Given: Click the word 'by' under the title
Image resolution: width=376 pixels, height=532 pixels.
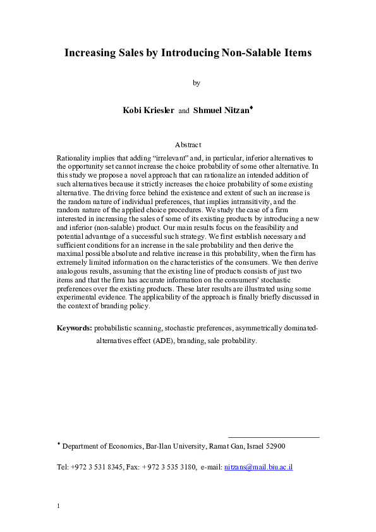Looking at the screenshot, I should tap(196, 82).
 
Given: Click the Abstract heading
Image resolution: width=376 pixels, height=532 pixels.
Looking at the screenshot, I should tap(188, 145).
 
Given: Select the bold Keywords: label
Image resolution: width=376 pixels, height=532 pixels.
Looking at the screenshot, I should tap(75, 329).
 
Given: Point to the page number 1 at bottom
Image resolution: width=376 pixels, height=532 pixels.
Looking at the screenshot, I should tap(58, 506).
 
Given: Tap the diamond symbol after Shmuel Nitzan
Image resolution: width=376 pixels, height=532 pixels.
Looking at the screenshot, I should tap(251, 107).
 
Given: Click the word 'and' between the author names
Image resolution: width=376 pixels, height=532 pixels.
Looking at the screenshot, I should tap(183, 111).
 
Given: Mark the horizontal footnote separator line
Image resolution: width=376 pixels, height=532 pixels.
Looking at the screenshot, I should tap(273, 437).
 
